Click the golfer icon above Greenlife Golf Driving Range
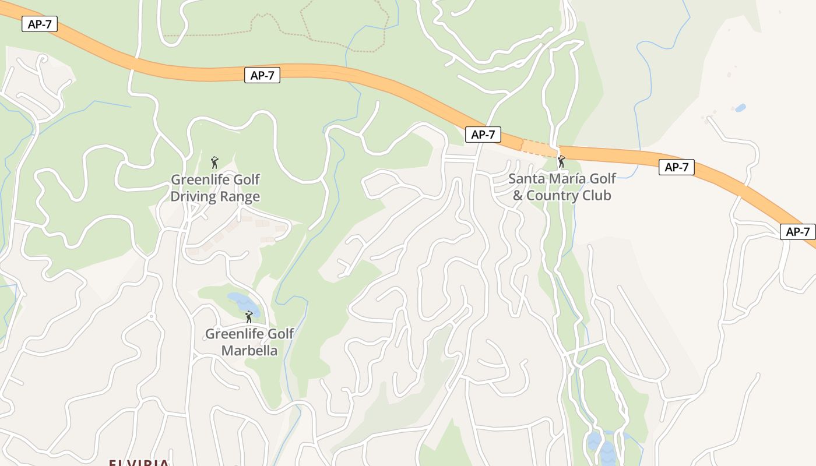point(214,162)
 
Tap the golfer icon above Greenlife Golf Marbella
point(249,317)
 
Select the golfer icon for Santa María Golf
point(561,161)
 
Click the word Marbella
point(249,351)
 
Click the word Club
point(597,195)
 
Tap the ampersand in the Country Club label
point(518,195)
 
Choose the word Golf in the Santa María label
point(603,178)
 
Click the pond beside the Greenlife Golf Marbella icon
point(242,303)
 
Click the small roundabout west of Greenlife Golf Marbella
point(152,317)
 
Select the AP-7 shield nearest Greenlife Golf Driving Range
point(262,75)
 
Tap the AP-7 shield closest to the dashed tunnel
point(483,135)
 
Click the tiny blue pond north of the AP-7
point(740,108)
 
